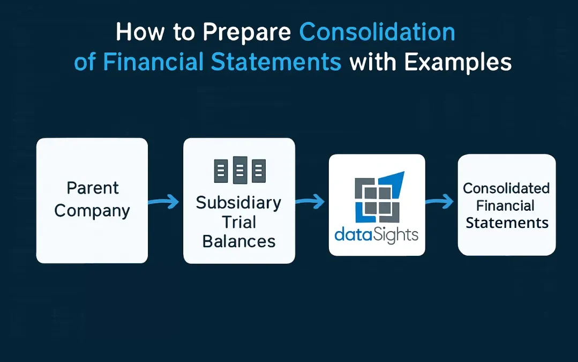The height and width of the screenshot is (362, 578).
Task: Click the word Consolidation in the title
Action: coord(377,33)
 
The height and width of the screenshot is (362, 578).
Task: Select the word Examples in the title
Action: coord(457,62)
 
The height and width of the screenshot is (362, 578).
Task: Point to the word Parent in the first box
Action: coord(92,188)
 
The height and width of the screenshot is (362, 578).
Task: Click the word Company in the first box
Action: coord(92,210)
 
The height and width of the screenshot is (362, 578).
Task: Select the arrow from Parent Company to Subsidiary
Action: coord(164,202)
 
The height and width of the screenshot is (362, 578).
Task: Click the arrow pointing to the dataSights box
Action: coord(310,202)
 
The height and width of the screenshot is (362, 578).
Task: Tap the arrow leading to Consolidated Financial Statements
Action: coord(440,202)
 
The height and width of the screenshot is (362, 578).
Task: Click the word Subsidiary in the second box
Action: coord(238,203)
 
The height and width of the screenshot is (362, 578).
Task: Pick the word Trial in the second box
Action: coord(238,222)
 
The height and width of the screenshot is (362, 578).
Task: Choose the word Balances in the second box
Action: coord(238,241)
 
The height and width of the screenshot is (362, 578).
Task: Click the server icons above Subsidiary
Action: coord(238,171)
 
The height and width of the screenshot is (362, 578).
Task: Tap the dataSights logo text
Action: coord(376,235)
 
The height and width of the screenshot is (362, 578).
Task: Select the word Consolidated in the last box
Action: coord(506,188)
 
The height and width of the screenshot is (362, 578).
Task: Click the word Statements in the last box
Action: coord(506,223)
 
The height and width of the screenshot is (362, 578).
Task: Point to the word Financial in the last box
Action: coord(506,205)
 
